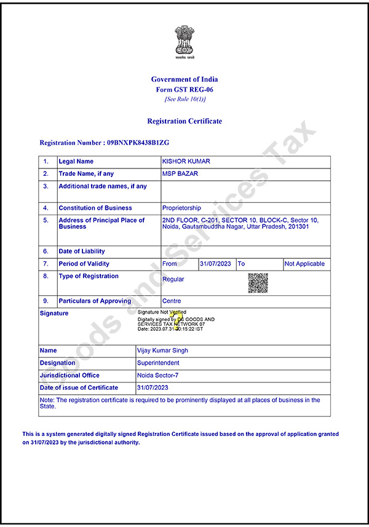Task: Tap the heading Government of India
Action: click(x=184, y=79)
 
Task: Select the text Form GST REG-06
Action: click(x=184, y=89)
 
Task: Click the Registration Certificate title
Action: click(x=184, y=121)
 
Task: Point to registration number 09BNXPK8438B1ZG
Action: click(x=138, y=143)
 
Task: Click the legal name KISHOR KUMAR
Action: click(x=186, y=161)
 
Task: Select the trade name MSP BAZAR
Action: click(x=180, y=174)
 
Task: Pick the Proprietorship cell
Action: click(x=181, y=208)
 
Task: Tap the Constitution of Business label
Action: click(x=95, y=208)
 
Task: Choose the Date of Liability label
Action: click(x=82, y=252)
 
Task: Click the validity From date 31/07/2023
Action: click(x=216, y=264)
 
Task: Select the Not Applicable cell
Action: click(x=304, y=264)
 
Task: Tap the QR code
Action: click(x=258, y=282)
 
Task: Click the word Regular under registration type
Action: click(x=173, y=279)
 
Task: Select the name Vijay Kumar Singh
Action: click(x=162, y=351)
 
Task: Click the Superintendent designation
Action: click(x=158, y=363)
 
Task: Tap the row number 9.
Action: click(x=46, y=301)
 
